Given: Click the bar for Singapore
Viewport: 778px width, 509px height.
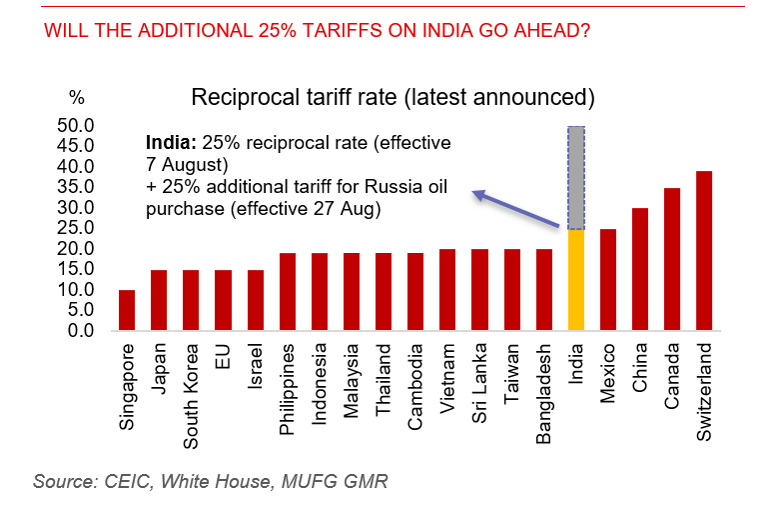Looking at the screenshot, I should pyautogui.click(x=126, y=310).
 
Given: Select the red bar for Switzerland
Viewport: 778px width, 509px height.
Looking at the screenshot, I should pyautogui.click(x=704, y=250).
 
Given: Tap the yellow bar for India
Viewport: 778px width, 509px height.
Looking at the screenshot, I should pyautogui.click(x=576, y=279).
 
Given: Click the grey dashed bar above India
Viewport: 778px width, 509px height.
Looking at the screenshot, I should pyautogui.click(x=576, y=177).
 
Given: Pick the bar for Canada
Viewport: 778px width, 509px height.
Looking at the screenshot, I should pyautogui.click(x=672, y=259).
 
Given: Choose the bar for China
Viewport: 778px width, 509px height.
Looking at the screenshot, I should pyautogui.click(x=640, y=269).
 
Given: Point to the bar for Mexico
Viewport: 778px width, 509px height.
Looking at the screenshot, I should pyautogui.click(x=608, y=279).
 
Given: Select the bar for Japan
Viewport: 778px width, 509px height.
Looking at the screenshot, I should pyautogui.click(x=158, y=300).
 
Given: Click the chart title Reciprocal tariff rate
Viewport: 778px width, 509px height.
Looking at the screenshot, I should pyautogui.click(x=392, y=97).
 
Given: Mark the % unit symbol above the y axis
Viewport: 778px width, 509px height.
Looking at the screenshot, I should pyautogui.click(x=77, y=97).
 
